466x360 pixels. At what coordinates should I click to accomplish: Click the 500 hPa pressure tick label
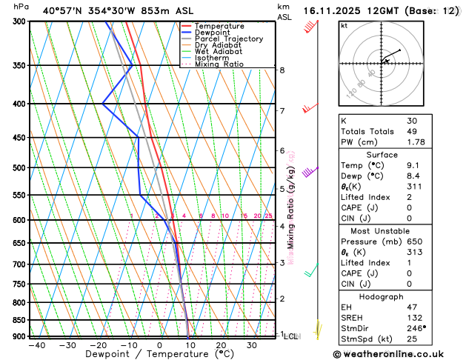coord(16,168)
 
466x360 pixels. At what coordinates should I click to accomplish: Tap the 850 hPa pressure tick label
coord(16,320)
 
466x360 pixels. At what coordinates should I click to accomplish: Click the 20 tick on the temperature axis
coord(221,345)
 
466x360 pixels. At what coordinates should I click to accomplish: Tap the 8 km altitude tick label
coord(282,70)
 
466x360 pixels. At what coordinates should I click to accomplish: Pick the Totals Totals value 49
coord(412,131)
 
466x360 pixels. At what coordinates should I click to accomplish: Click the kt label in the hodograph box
coord(344,26)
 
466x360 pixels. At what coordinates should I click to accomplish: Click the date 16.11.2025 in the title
coord(336,10)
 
